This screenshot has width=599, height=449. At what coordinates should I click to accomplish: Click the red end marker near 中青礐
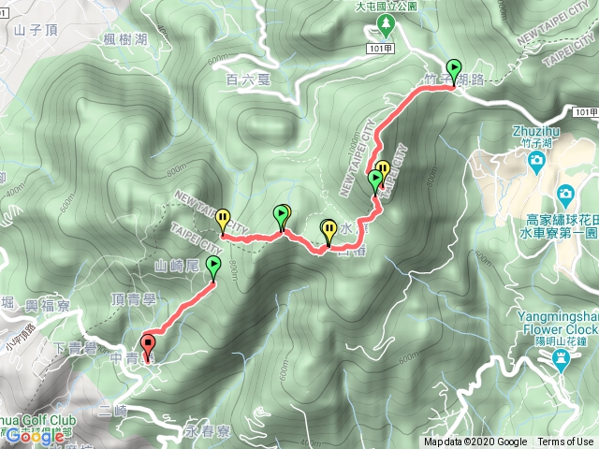click(x=148, y=343)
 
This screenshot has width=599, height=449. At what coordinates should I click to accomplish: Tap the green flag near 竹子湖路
click(x=454, y=69)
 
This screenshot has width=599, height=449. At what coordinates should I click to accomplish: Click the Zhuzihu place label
click(x=535, y=132)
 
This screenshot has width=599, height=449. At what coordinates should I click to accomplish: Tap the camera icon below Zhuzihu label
click(x=536, y=162)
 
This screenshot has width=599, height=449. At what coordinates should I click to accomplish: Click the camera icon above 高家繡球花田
click(x=564, y=196)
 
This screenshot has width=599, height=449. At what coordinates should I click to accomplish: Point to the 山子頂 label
click(x=37, y=30)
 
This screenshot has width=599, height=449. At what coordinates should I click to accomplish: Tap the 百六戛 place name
click(x=247, y=80)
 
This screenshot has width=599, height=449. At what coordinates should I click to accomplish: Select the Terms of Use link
click(x=564, y=442)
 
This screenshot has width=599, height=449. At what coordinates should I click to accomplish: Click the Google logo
click(x=35, y=435)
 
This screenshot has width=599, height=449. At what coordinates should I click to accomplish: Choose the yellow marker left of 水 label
click(x=329, y=227)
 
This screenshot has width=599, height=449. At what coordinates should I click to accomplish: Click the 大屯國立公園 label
click(x=390, y=6)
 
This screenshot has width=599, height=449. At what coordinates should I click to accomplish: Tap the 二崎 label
click(x=111, y=411)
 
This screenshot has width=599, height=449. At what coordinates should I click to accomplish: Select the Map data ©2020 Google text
click(x=475, y=442)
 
